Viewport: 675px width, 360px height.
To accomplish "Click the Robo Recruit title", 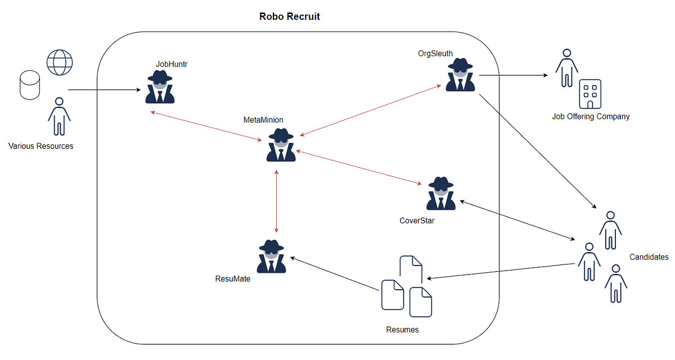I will coord(289,16).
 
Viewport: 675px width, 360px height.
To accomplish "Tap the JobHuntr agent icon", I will coord(160,88).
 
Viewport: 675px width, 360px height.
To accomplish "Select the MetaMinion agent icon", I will coord(281,145).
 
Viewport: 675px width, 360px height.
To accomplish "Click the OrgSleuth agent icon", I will coord(460,75).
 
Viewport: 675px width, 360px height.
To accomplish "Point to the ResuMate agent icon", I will coord(272,256).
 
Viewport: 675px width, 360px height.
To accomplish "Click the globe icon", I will coord(60,62).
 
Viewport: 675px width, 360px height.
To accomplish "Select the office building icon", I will coord(590,93).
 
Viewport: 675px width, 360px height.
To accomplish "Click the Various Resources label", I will coord(40,146).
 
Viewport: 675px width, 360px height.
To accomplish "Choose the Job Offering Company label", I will coord(591,116).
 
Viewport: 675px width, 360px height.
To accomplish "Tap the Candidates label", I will coord(649,257).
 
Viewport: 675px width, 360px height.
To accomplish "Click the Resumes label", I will coord(402,330).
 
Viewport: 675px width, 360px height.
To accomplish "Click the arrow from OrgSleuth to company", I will coord(513,75).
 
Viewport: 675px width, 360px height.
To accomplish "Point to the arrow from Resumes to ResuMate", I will coord(335,274).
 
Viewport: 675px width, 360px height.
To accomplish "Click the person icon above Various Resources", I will coord(58,116).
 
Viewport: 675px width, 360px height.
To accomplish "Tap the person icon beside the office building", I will coord(566,68).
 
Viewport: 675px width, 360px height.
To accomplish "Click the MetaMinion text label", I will coord(263,120).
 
